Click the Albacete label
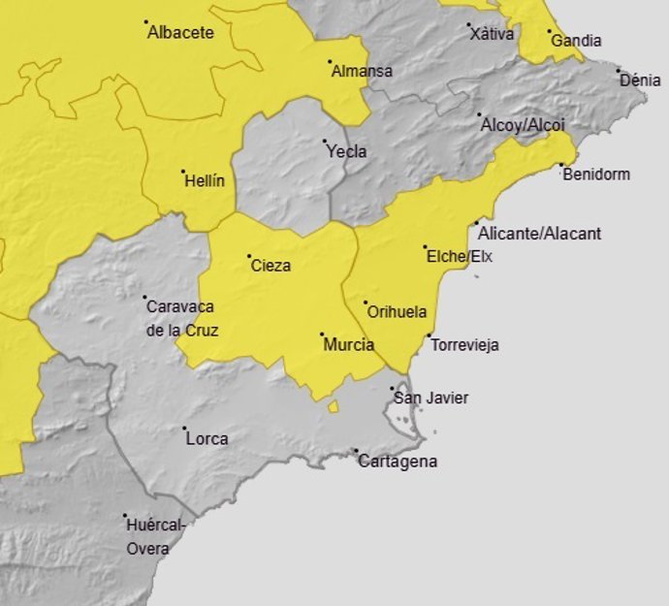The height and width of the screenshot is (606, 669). pos(180,33)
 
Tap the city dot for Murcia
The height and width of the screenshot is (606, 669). pos(322,335)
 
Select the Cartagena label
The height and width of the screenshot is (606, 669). pos(398,462)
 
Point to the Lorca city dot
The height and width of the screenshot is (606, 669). pos(184,428)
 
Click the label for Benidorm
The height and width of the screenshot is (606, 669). pos(595,175)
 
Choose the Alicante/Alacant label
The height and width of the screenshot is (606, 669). pos(540,234)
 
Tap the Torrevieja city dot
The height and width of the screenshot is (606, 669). pos(429,335)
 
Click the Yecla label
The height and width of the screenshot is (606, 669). pos(346,152)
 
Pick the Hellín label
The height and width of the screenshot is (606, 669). pos(204,181)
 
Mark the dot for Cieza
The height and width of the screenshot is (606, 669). pos(249,256)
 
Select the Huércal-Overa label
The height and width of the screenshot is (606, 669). pos(154,537)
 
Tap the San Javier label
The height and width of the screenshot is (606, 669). pos(430,399)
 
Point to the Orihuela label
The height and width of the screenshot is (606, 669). pos(398,313)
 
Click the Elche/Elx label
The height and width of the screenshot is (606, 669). pos(460,257)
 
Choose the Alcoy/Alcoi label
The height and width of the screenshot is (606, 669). pos(522,125)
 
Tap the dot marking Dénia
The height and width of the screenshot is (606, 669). pos(618,70)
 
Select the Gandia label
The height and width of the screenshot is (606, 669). pos(576,41)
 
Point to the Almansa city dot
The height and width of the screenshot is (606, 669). pos(329,62)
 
